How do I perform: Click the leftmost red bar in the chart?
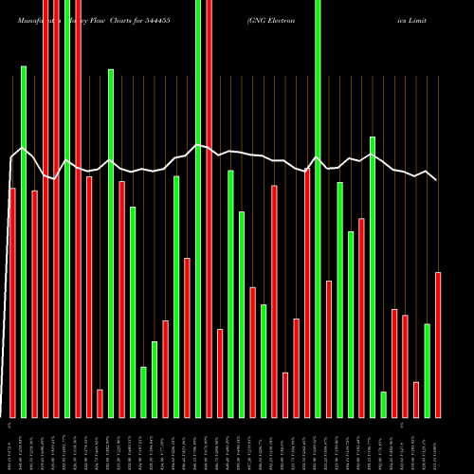[x=12, y=302]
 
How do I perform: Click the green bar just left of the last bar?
[x=428, y=371]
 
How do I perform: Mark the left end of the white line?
[x=10, y=158]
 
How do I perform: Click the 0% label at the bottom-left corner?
[x=9, y=424]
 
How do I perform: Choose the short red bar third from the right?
[x=416, y=399]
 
